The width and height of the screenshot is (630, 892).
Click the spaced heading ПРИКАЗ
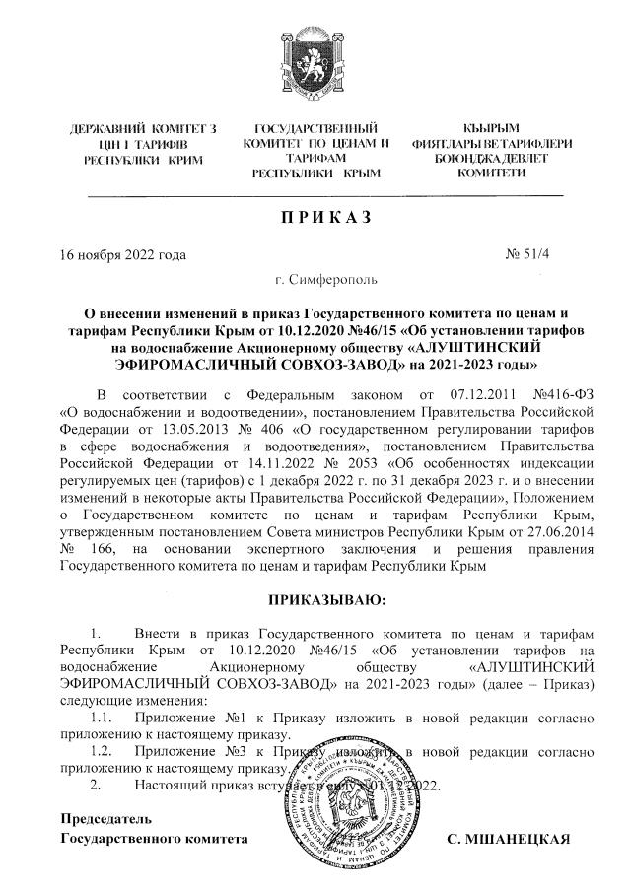click(x=315, y=218)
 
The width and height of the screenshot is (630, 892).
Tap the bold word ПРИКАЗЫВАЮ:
click(x=315, y=599)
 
